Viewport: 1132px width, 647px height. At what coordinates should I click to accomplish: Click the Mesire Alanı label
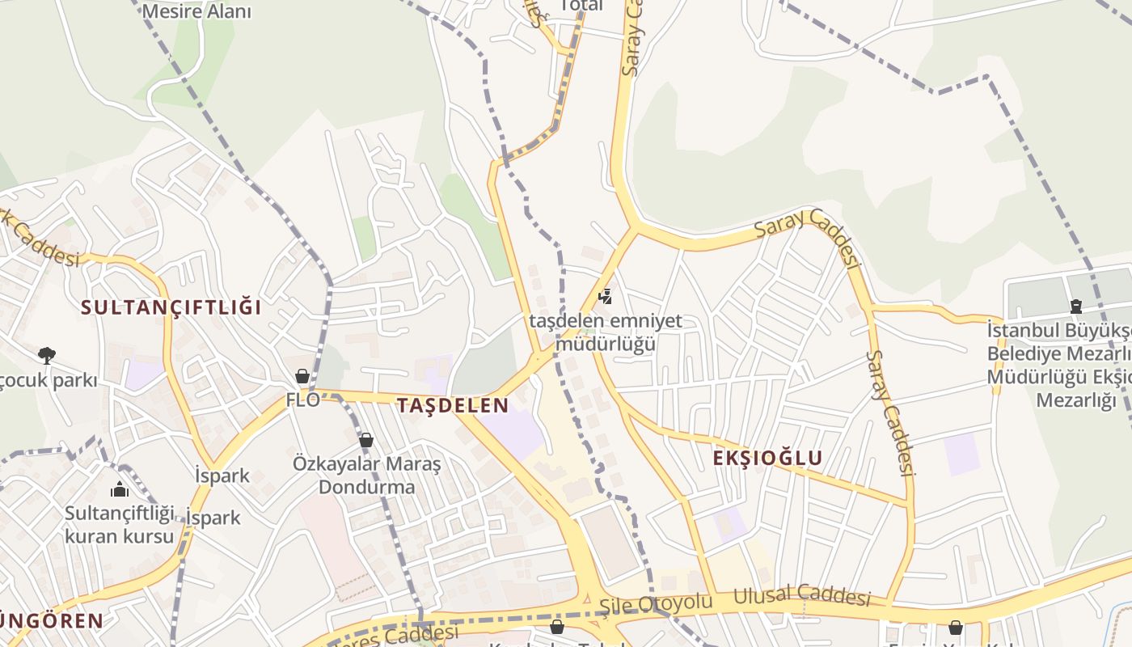(x=196, y=11)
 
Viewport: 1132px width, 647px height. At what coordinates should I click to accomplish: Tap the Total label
(x=581, y=6)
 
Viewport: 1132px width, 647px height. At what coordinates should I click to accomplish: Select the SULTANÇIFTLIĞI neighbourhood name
(x=171, y=308)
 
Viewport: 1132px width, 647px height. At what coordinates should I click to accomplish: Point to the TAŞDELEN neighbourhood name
(x=453, y=406)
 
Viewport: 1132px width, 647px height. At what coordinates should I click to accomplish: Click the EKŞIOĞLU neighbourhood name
(x=767, y=459)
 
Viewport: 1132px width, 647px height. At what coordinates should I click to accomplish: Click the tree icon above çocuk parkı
(x=47, y=355)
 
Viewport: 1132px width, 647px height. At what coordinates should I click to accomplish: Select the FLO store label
(x=303, y=399)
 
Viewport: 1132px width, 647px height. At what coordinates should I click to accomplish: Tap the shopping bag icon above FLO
(x=302, y=376)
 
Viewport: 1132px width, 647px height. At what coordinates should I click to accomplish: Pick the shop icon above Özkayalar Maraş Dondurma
(x=366, y=441)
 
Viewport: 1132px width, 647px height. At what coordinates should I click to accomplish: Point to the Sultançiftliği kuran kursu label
(x=119, y=524)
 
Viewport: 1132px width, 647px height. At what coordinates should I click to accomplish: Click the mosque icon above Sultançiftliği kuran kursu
(x=120, y=489)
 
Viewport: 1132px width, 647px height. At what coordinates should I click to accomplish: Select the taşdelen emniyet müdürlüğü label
(x=605, y=332)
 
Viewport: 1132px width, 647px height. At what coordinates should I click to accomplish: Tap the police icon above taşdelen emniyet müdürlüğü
(x=605, y=297)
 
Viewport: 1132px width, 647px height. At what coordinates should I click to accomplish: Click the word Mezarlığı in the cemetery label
(x=1075, y=400)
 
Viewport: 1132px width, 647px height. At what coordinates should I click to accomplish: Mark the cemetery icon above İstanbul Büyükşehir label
(x=1076, y=307)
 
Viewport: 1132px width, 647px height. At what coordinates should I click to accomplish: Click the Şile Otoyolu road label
(x=656, y=603)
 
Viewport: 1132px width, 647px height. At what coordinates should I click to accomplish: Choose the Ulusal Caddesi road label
(x=801, y=597)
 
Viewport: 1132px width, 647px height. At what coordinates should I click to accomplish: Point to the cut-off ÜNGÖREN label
(x=52, y=621)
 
